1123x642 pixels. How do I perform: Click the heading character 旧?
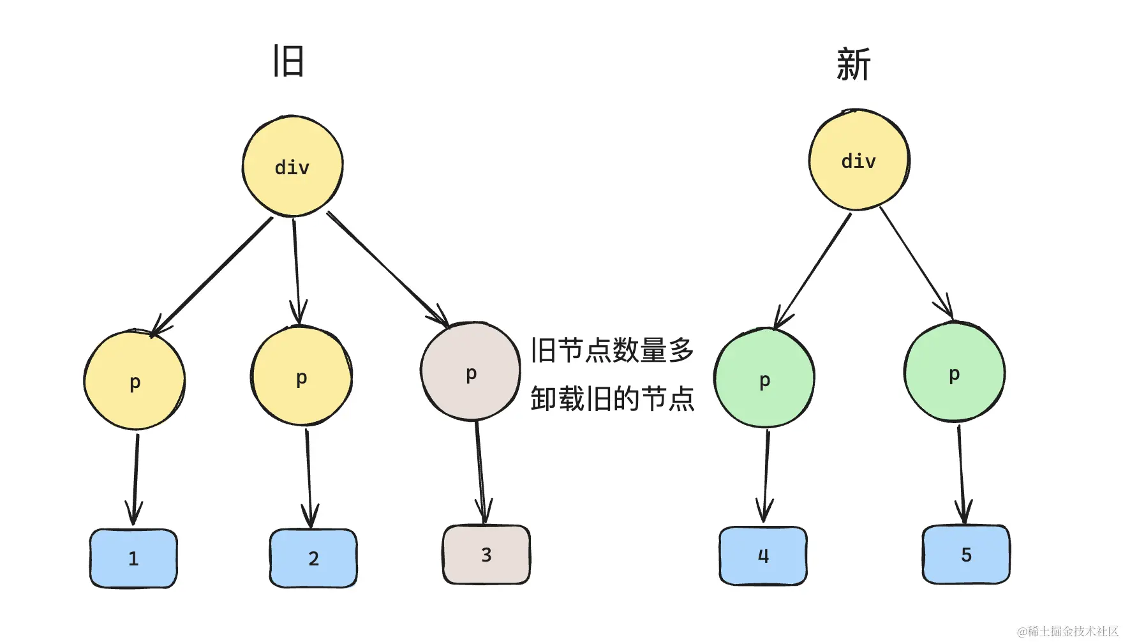(x=288, y=62)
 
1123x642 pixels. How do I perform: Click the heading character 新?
(x=853, y=64)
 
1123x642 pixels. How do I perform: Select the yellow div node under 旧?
(x=292, y=167)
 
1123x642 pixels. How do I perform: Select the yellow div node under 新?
(x=859, y=160)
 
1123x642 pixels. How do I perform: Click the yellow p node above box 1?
(x=135, y=381)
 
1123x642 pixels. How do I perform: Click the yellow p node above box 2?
(x=301, y=377)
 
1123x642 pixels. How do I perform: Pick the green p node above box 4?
(x=764, y=379)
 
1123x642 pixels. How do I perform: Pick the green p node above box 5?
(x=954, y=373)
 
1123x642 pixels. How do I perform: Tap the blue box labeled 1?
(x=133, y=558)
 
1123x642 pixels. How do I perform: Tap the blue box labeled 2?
(x=313, y=558)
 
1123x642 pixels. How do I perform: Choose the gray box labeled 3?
(x=486, y=555)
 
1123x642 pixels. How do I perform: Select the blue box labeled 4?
(x=763, y=556)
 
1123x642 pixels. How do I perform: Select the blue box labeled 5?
(x=966, y=555)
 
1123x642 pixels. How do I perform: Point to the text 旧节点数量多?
(x=612, y=350)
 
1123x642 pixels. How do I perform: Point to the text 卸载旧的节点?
(x=612, y=399)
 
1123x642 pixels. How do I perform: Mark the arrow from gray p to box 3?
(x=480, y=472)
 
